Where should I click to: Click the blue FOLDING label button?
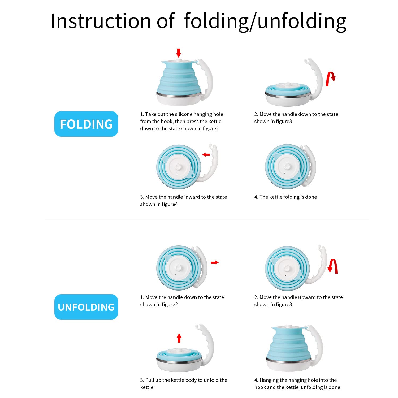click(86, 124)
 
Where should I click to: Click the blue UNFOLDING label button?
click(86, 307)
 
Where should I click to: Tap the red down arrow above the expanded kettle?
click(179, 53)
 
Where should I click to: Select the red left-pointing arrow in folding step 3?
click(206, 155)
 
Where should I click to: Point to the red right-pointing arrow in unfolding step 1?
click(215, 262)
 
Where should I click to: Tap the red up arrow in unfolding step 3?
click(179, 338)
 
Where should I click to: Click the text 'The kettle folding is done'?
click(288, 197)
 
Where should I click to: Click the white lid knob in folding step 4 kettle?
click(287, 167)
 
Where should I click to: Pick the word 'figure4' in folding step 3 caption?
click(170, 204)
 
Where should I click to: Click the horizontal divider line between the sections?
click(207, 219)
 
